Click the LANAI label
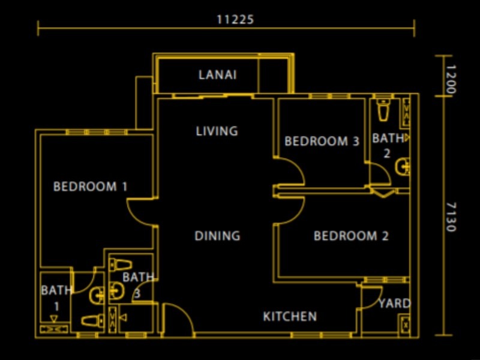[217, 75]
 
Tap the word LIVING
[217, 131]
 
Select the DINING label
[217, 236]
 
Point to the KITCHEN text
[290, 316]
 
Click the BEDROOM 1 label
[90, 187]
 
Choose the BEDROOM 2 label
[351, 236]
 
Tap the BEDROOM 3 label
[322, 142]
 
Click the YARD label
[394, 304]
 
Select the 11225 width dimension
[235, 19]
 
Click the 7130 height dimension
[451, 216]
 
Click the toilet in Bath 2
[383, 110]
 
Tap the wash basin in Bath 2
[405, 166]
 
